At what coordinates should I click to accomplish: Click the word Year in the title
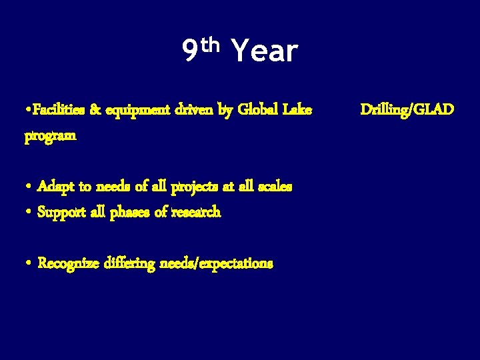pos(263,51)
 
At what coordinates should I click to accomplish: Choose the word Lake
pos(297,109)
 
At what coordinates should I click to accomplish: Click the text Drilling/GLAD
pos(407,109)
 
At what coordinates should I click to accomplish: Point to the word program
pos(51,136)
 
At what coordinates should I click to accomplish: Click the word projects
pos(197,187)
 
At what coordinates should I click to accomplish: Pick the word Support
pos(62,213)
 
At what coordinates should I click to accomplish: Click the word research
pos(196,213)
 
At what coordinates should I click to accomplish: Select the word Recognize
pos(69,264)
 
